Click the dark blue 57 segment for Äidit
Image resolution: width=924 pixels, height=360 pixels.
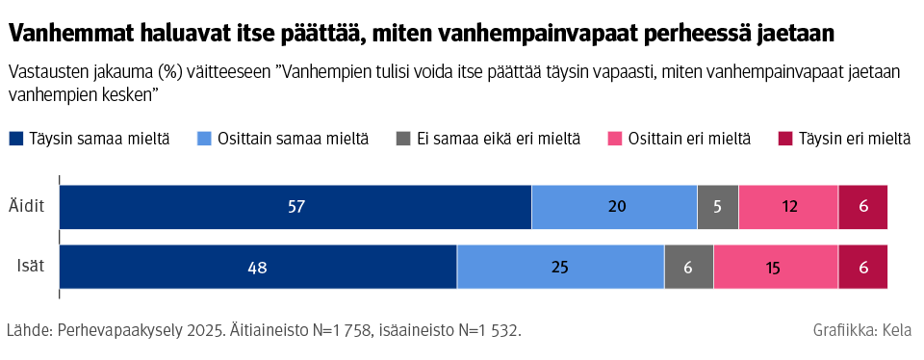click(x=295, y=207)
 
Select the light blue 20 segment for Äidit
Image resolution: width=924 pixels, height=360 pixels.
click(x=614, y=207)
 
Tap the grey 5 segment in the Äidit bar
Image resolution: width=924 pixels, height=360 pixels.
click(x=718, y=207)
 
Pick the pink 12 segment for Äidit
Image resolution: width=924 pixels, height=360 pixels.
click(x=788, y=207)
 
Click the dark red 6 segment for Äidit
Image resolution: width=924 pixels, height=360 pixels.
click(x=862, y=207)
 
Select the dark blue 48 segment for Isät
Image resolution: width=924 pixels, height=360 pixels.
click(x=258, y=267)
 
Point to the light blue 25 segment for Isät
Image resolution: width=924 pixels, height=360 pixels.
click(x=560, y=267)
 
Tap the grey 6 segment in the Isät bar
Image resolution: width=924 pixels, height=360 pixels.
click(x=689, y=267)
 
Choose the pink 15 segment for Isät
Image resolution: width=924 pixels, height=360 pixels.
click(x=776, y=267)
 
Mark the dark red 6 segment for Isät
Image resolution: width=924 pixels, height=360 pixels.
click(x=862, y=267)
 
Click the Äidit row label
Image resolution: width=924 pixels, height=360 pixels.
click(x=28, y=207)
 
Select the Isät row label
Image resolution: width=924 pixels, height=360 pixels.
click(x=32, y=267)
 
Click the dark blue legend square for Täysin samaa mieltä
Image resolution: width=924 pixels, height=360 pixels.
click(x=16, y=140)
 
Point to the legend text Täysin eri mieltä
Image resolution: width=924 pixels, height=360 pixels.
click(x=854, y=140)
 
